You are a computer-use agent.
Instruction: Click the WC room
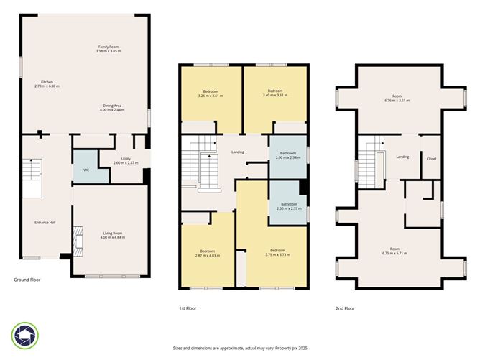point(86,170)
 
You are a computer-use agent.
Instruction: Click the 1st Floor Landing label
point(238,152)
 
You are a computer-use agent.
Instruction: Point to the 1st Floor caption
point(188,308)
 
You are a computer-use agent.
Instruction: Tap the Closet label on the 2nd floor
point(431,159)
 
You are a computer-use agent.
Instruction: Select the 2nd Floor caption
point(344,308)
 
